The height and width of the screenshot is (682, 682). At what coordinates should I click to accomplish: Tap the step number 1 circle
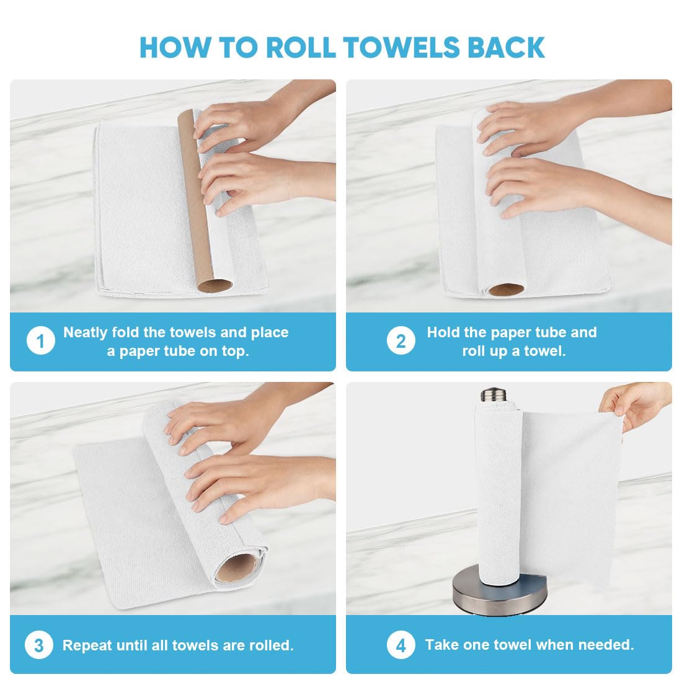tap(40, 342)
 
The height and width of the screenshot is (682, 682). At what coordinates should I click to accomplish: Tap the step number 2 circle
tap(401, 342)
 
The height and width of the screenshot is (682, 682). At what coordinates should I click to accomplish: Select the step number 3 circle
tap(38, 645)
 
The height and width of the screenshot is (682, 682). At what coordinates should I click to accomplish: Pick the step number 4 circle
tap(401, 645)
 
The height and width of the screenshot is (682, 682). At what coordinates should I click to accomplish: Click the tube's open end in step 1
tap(215, 286)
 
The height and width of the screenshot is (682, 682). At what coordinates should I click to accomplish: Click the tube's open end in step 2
tap(506, 289)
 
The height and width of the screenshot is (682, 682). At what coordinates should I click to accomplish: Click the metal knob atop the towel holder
tap(494, 395)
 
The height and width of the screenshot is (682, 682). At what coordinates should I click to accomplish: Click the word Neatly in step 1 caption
tap(85, 332)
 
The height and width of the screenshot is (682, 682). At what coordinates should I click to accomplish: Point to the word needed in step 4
tap(609, 645)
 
